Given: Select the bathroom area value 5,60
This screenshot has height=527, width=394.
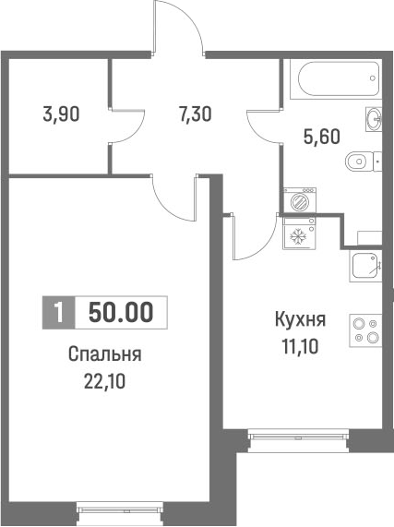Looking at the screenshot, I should (x=322, y=137).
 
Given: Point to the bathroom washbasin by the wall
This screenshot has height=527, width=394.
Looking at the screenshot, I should (x=374, y=117).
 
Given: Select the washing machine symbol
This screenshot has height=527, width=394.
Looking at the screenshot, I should (x=298, y=200).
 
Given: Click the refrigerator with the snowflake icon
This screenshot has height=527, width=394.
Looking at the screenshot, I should (x=298, y=235).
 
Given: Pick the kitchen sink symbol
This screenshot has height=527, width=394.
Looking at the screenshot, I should (x=365, y=266).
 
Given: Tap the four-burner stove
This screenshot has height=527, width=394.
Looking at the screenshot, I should (x=365, y=330).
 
